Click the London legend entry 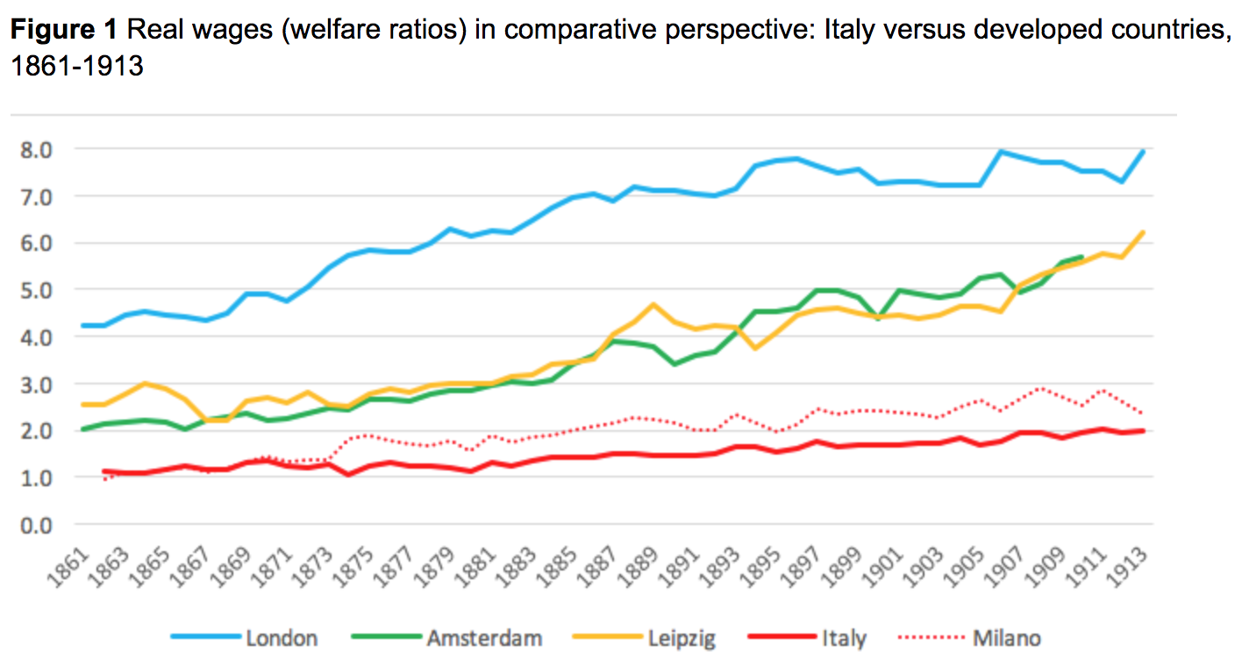[x=281, y=638]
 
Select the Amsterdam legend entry [x=484, y=638]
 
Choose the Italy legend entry [x=845, y=638]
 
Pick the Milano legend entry [x=1007, y=638]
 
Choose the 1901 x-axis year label [x=889, y=560]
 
